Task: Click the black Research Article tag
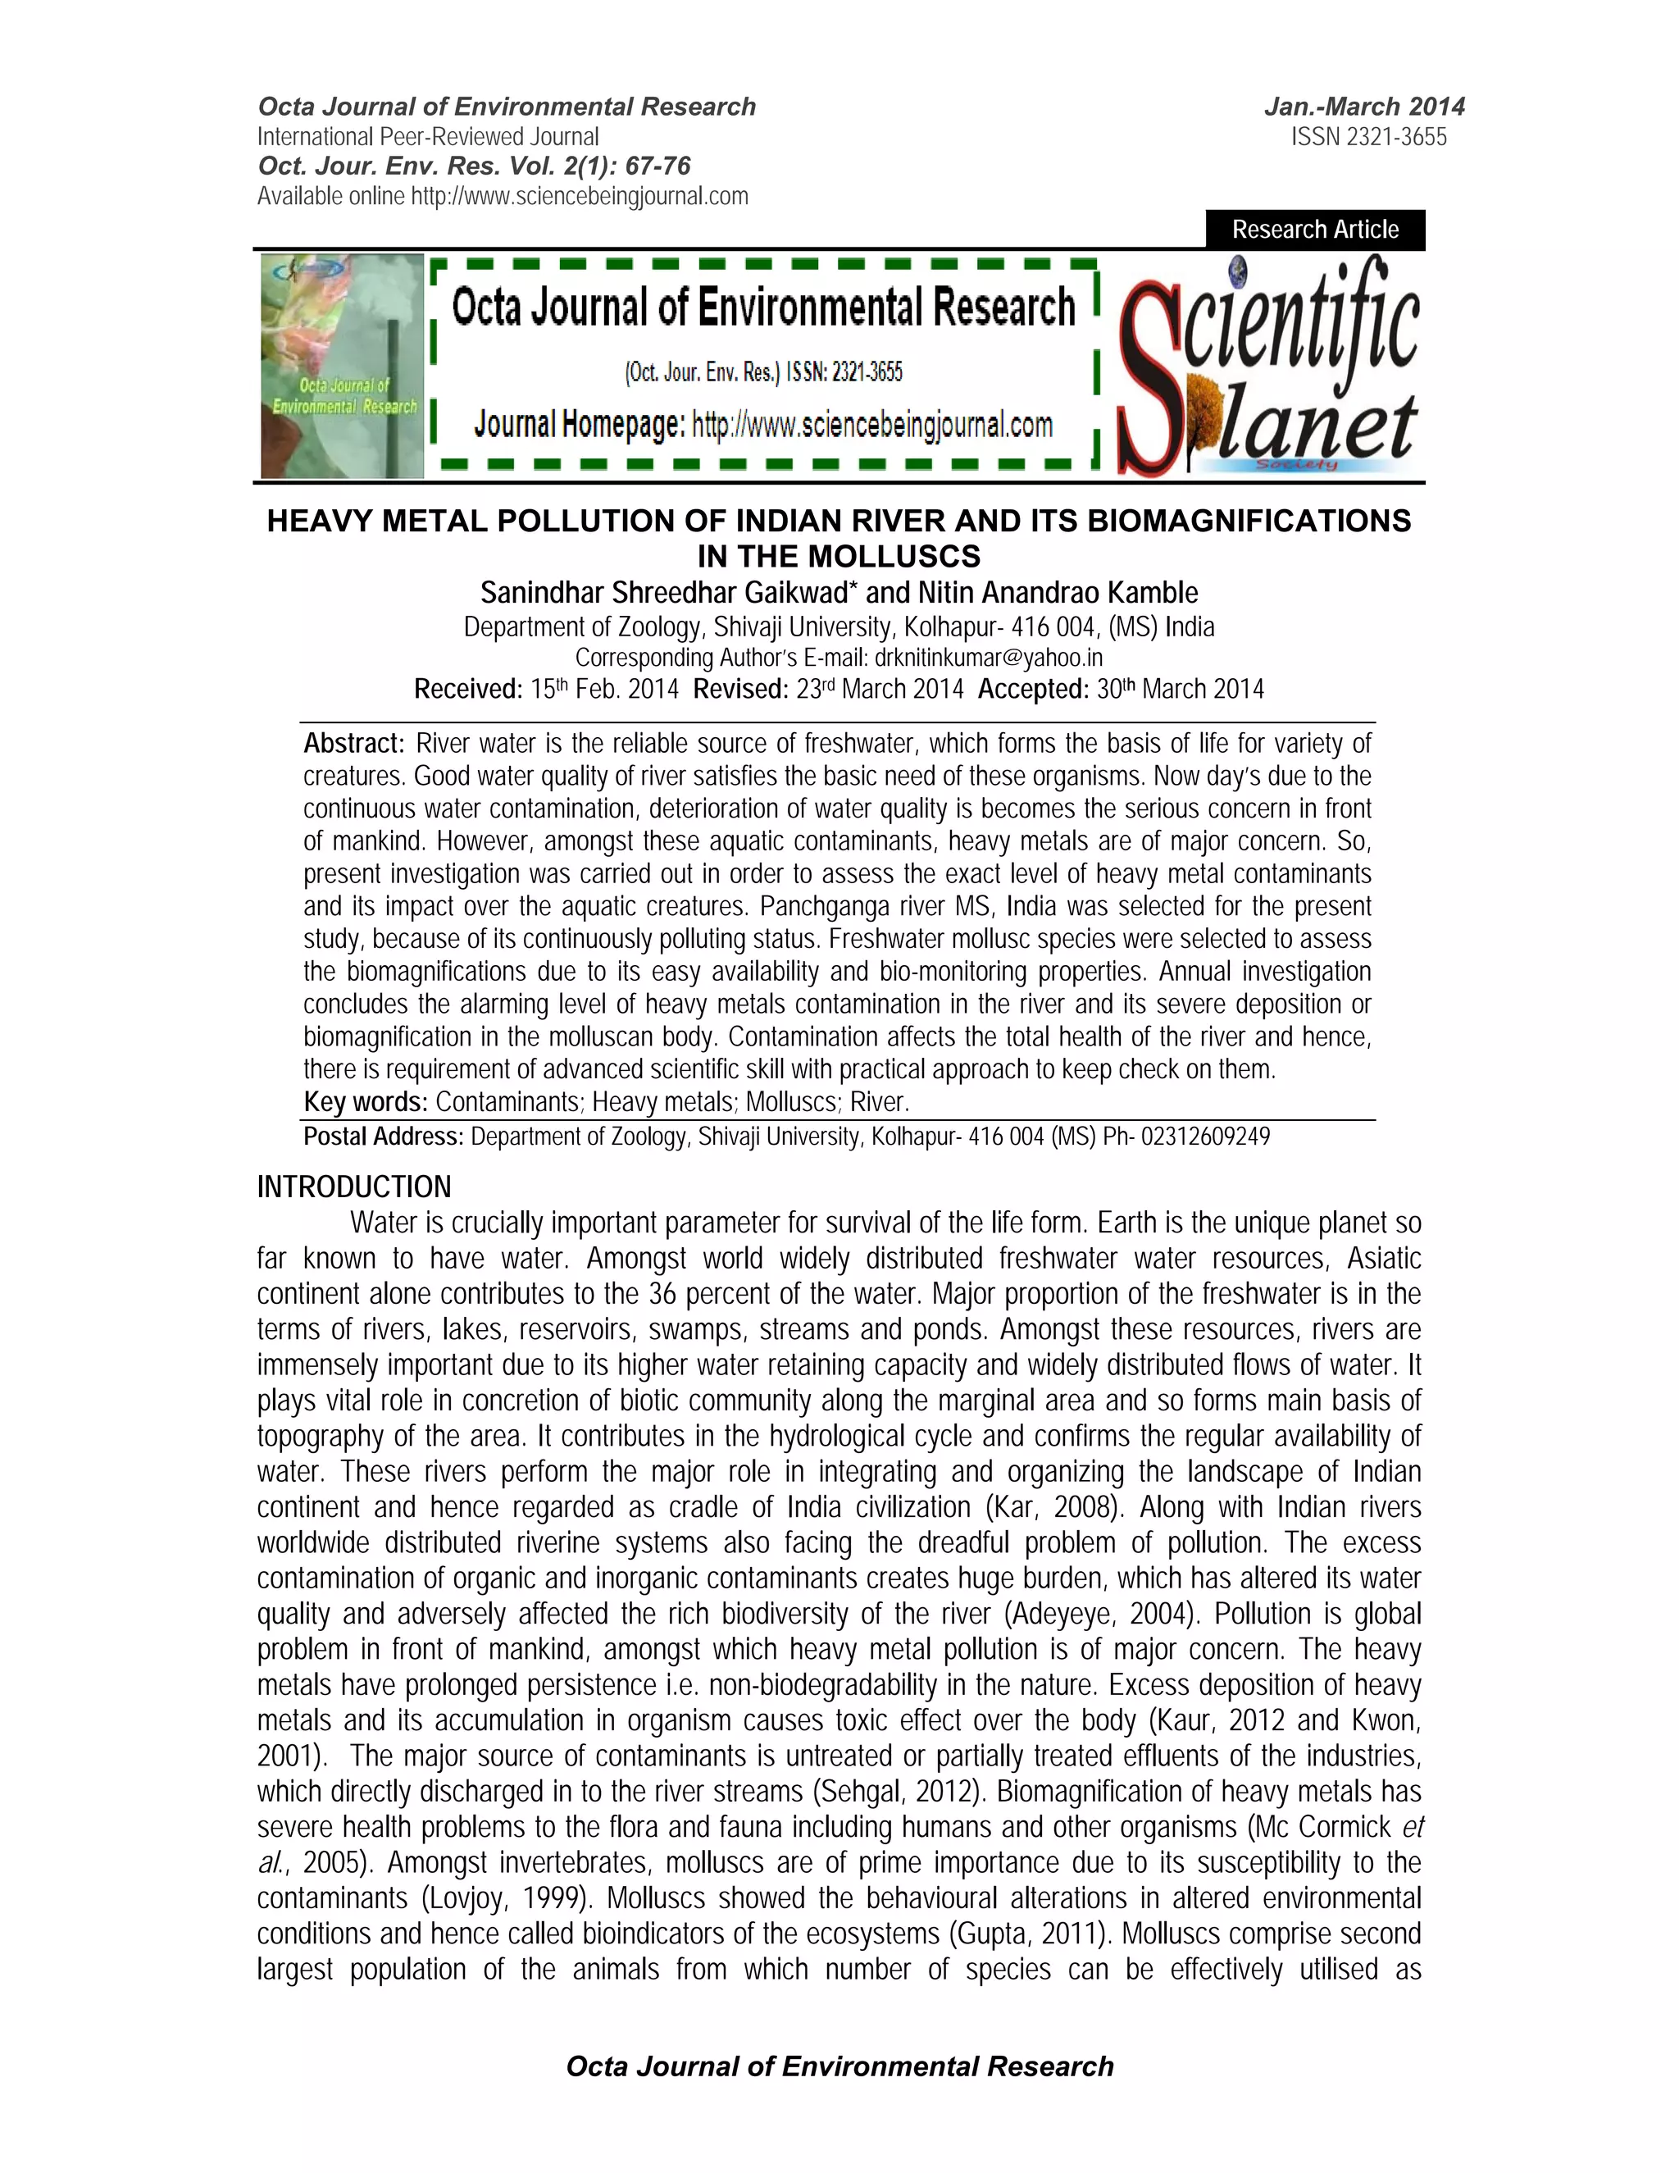[1314, 230]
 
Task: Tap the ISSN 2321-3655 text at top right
[1368, 137]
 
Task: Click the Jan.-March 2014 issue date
[1363, 107]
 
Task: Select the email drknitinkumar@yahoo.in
[989, 658]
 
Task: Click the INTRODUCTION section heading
[354, 1187]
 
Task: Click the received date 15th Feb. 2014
[605, 689]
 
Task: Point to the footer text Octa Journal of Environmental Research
[839, 2066]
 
